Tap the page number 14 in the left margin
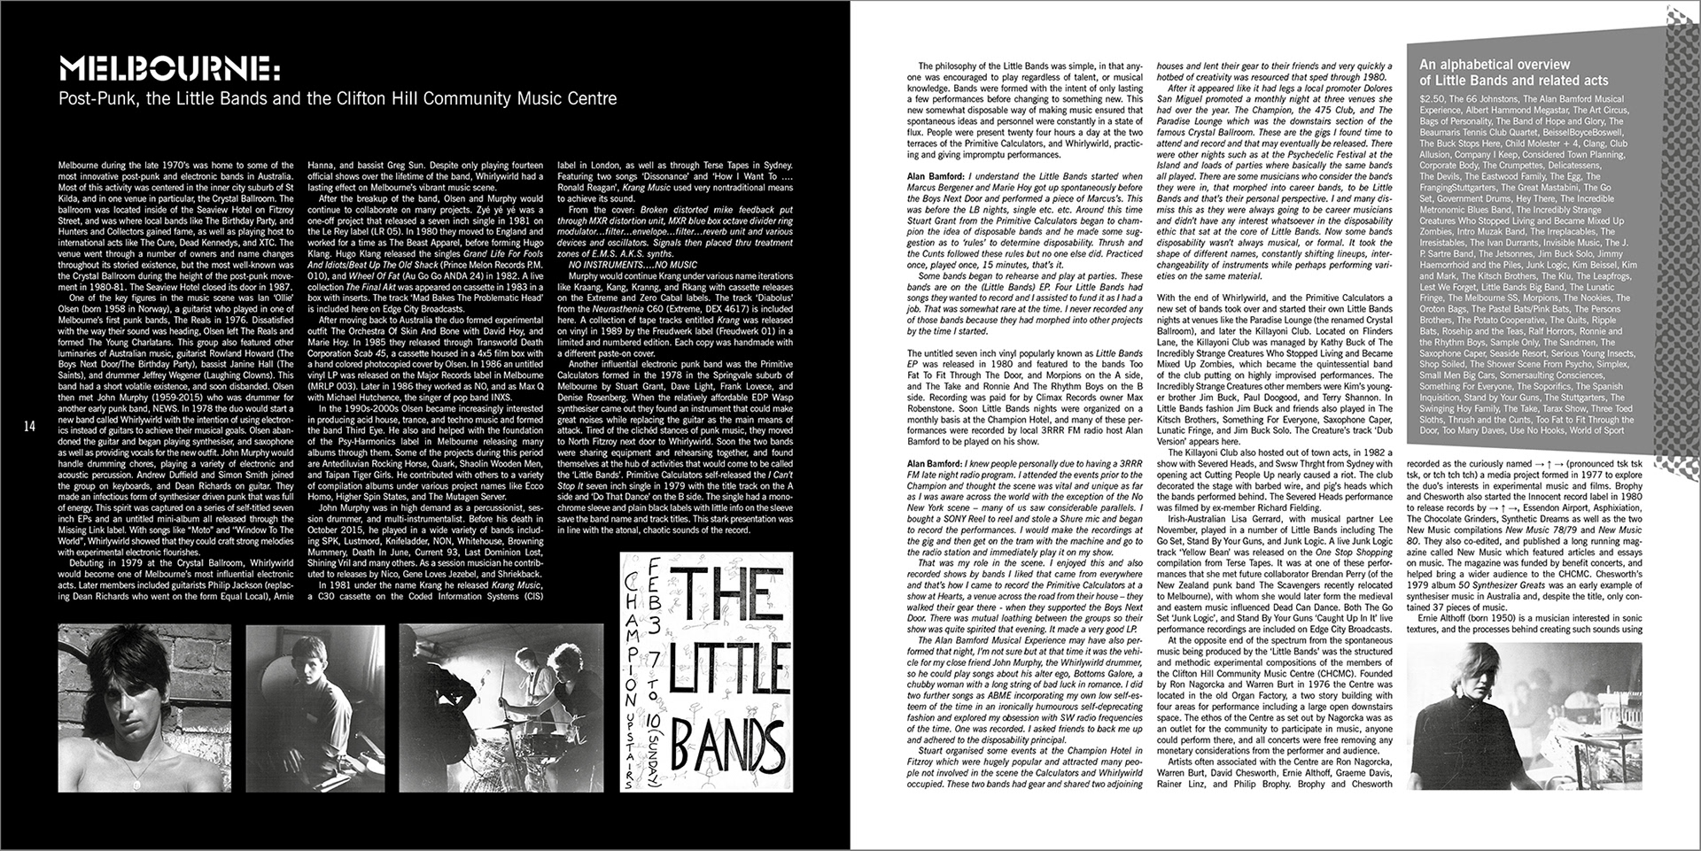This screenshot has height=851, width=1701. pos(29,427)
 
